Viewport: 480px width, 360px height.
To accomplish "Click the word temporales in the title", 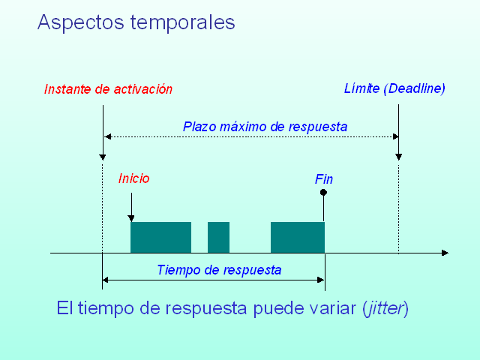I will point(182,22).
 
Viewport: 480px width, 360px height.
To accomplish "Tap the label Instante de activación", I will point(108,89).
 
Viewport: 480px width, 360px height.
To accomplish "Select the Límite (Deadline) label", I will point(394,88).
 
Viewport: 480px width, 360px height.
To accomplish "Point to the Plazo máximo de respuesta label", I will point(265,127).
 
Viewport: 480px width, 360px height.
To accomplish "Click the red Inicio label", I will point(134,178).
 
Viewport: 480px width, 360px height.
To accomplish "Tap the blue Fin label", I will point(324,179).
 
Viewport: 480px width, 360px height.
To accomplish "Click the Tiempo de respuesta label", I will point(219,270).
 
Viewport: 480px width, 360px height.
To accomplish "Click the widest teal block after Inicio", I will point(160,237).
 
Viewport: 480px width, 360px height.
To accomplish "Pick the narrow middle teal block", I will point(218,237).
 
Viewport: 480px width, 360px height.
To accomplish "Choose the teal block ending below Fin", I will point(297,237).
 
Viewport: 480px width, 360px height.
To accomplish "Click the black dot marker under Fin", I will point(324,193).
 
